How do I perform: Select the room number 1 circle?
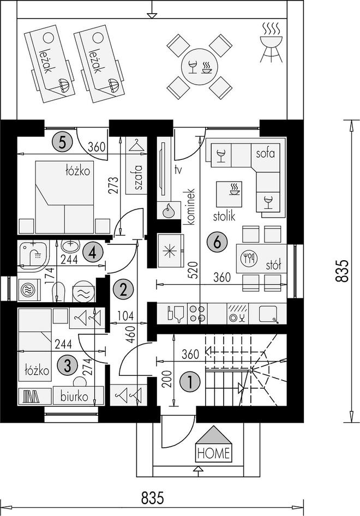click(190, 382)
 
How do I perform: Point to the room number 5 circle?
click(62, 142)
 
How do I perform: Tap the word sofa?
click(265, 153)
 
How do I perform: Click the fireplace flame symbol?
click(169, 210)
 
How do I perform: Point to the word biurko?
click(74, 397)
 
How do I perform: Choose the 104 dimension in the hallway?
click(125, 316)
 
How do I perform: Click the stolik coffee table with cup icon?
click(229, 195)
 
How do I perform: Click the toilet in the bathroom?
click(58, 291)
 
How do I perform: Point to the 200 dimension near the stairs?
click(167, 379)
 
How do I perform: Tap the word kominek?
click(191, 207)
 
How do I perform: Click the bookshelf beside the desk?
click(34, 396)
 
